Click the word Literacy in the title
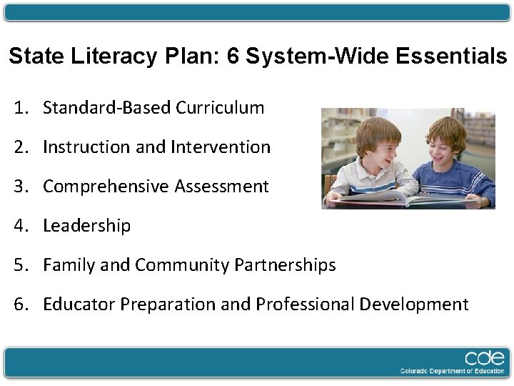[112, 57]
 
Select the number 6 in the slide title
[233, 57]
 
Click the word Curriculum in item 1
[220, 108]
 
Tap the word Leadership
[86, 226]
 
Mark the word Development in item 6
[413, 305]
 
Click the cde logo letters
[485, 358]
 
